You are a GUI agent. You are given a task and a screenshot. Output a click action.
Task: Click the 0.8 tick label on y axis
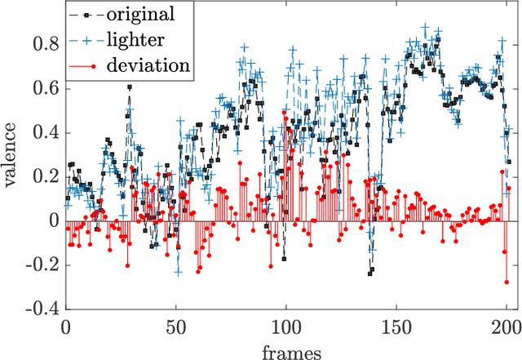[46, 44]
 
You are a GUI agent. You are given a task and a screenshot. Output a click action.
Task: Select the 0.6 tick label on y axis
[46, 88]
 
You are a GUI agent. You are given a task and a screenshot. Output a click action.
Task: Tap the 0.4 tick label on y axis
[46, 132]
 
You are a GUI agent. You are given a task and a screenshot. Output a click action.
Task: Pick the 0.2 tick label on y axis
[46, 177]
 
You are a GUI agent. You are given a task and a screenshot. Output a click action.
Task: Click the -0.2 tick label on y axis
[42, 265]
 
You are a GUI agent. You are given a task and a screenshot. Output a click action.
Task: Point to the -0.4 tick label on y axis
[42, 310]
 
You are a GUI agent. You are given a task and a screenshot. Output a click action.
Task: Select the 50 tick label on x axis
[176, 327]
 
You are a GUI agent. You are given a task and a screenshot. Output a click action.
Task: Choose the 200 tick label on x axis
[505, 327]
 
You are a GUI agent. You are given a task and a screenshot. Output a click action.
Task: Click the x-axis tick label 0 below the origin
[66, 327]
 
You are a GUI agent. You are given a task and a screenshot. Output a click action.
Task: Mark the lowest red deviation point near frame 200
[507, 282]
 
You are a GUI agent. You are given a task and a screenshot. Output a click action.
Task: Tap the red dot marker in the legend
[95, 66]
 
